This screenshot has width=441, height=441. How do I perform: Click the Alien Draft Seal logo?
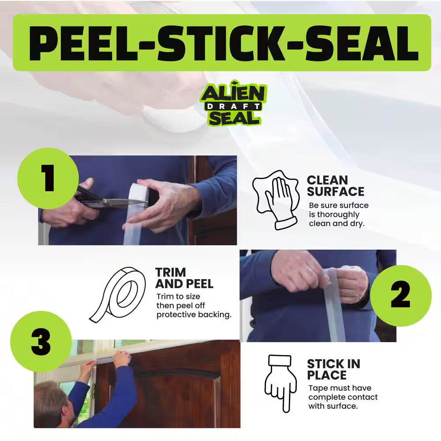click(x=233, y=105)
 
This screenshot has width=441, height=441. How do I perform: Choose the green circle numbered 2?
click(x=400, y=296)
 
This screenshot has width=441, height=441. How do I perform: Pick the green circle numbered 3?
click(x=41, y=342)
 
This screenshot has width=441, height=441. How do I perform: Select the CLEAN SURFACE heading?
click(x=335, y=186)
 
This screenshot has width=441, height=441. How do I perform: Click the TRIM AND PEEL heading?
click(x=184, y=278)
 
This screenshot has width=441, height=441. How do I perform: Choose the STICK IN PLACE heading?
click(x=333, y=370)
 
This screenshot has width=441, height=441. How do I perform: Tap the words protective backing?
click(x=194, y=314)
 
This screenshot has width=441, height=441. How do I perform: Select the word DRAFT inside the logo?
click(x=233, y=106)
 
